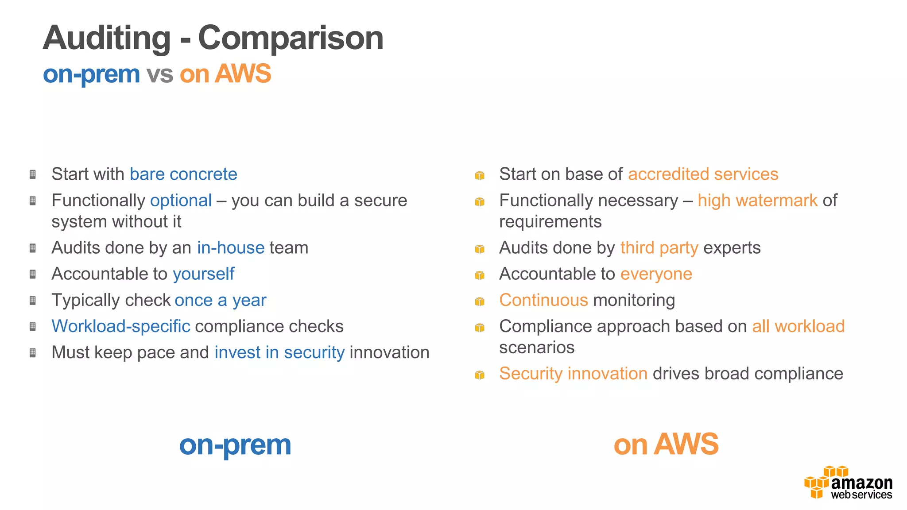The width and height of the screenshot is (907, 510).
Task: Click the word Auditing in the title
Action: (106, 38)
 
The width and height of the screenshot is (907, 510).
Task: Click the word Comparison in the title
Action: (291, 38)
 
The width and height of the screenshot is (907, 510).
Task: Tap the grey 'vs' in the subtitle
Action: (159, 74)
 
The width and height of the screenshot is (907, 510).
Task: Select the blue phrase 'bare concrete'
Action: (183, 174)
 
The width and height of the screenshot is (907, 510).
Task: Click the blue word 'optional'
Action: (181, 201)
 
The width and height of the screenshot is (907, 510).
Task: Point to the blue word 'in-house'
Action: (231, 248)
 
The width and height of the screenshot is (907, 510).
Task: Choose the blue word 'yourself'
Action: (203, 274)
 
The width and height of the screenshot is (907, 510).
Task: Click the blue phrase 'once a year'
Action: (221, 300)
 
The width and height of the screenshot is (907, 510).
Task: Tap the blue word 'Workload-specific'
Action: (121, 326)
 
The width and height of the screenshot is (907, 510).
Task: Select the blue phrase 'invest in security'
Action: (279, 352)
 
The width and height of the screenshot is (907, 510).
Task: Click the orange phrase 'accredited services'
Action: (703, 174)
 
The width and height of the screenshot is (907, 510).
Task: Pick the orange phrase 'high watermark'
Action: (757, 201)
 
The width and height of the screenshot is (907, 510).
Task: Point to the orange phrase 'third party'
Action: (659, 248)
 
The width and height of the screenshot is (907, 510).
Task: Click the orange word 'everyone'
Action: (656, 274)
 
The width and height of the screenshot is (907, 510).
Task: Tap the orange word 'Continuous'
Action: (543, 300)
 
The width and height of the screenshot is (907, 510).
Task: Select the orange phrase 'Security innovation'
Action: (573, 374)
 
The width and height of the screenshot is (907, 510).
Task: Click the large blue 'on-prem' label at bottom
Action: (235, 445)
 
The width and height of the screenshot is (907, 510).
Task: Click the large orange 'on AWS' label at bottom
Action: (666, 444)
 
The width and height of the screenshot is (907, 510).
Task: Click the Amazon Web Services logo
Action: (848, 483)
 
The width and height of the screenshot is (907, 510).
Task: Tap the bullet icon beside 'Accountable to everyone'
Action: (480, 275)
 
